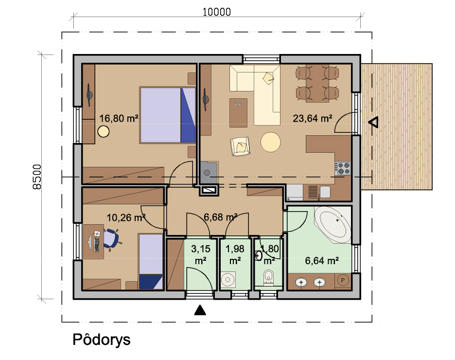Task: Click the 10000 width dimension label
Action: click(x=216, y=12)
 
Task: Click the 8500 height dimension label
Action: click(x=37, y=177)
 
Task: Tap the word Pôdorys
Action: click(x=102, y=340)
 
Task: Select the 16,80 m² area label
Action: click(x=119, y=118)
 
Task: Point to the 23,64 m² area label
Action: click(x=312, y=118)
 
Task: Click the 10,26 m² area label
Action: click(x=126, y=217)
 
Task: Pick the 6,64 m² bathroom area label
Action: click(x=322, y=261)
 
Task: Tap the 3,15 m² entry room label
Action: click(x=200, y=254)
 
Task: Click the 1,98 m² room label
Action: click(x=235, y=254)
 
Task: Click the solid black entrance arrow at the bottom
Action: click(x=200, y=310)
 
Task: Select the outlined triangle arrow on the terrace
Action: click(x=373, y=122)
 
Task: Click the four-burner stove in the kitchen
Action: click(x=343, y=168)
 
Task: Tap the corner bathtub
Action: click(x=333, y=224)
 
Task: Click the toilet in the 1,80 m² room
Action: click(x=268, y=277)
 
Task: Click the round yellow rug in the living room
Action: click(x=270, y=142)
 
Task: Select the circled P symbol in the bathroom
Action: click(x=343, y=280)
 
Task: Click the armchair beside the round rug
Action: click(x=240, y=146)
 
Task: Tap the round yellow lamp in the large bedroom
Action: click(x=104, y=131)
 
